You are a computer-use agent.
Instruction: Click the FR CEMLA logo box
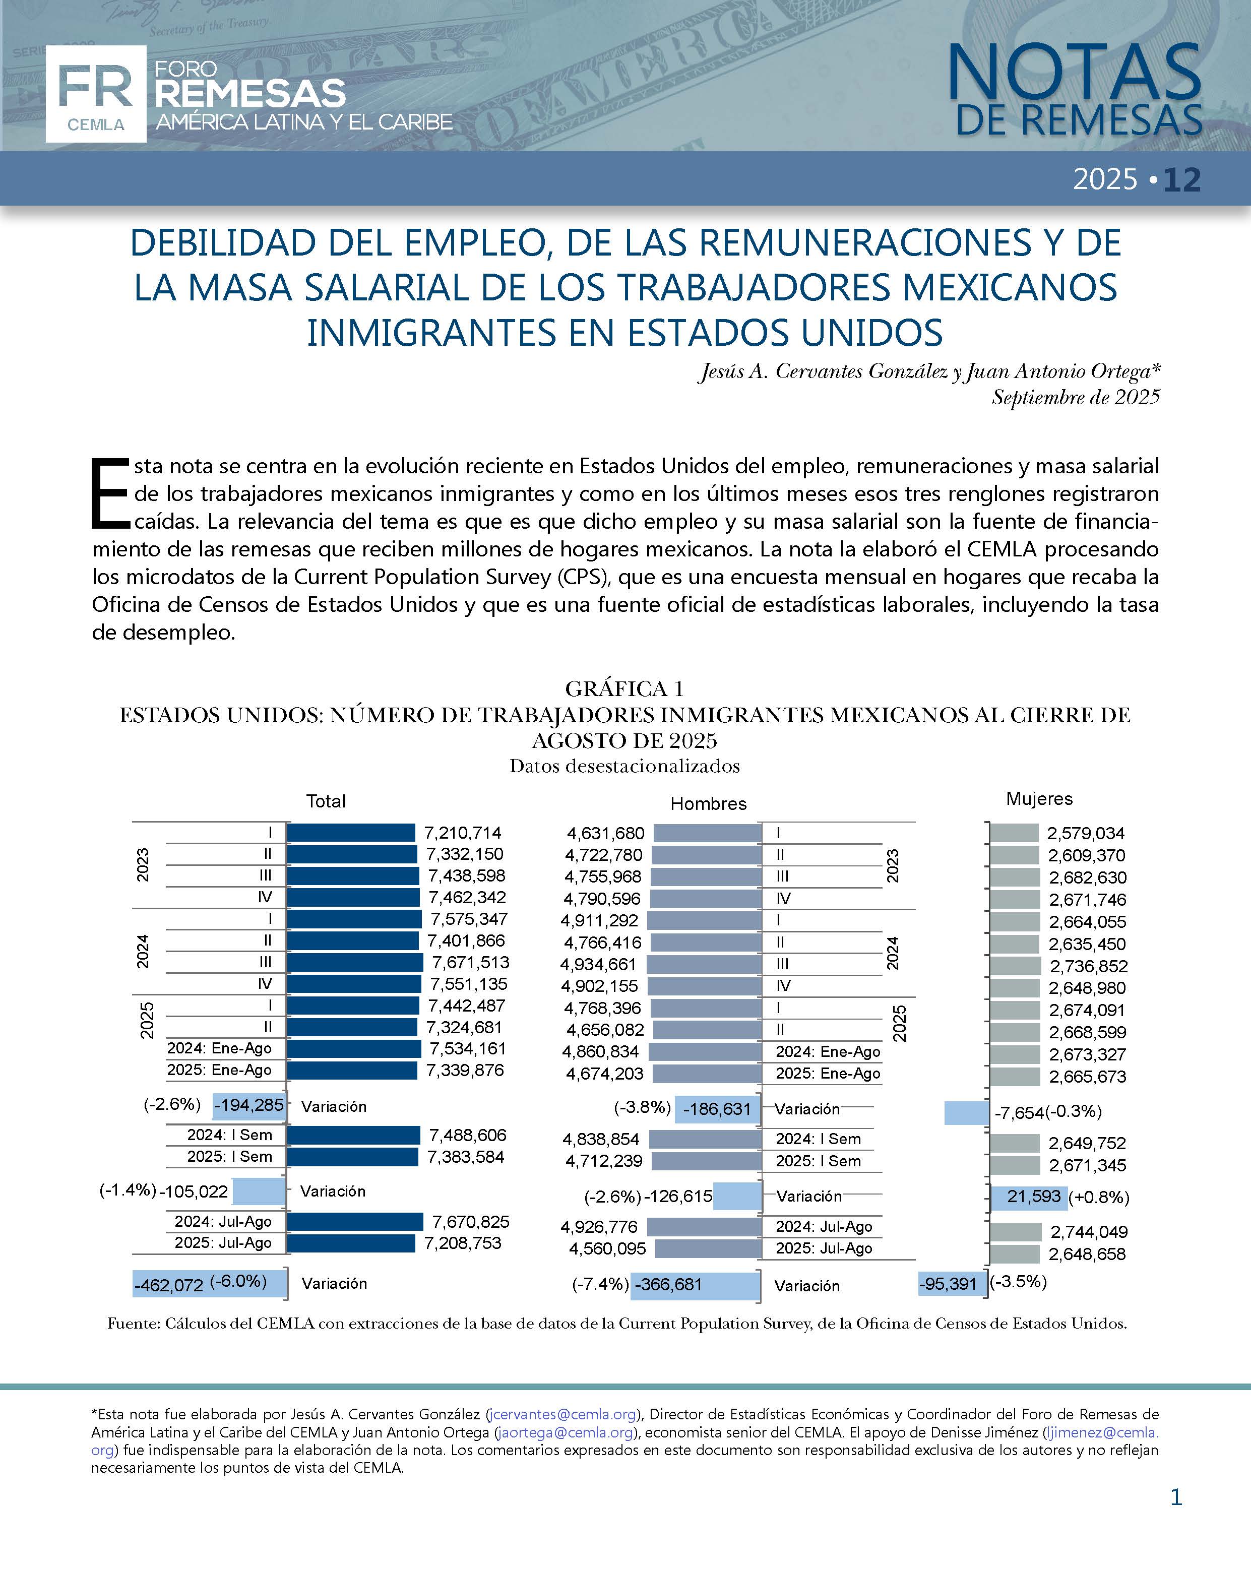(x=95, y=94)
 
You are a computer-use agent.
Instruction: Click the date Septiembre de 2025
(x=1075, y=397)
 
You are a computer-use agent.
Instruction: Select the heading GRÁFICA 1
(x=624, y=688)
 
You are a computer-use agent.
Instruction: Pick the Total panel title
(x=325, y=801)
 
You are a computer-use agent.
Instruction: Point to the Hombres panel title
(x=708, y=803)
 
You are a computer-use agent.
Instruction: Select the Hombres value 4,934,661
(x=598, y=964)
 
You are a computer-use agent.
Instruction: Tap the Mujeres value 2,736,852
(x=1088, y=966)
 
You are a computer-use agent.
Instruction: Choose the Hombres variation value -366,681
(x=668, y=1284)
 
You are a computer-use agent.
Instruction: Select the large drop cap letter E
(x=110, y=493)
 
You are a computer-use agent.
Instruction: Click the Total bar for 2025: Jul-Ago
(x=351, y=1243)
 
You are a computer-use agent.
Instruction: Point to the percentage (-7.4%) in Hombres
(x=600, y=1284)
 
